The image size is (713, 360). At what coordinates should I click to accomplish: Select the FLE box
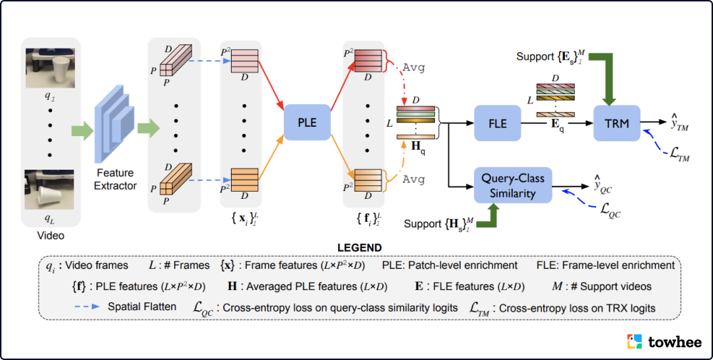click(498, 123)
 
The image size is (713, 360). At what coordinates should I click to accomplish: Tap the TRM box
click(617, 123)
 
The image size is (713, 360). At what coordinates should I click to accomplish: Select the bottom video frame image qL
click(49, 189)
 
